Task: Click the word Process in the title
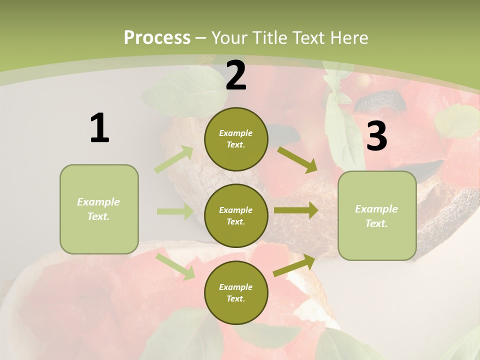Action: (157, 37)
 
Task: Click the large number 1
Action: (99, 128)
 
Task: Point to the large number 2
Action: (236, 75)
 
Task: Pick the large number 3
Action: (376, 136)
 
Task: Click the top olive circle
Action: (236, 139)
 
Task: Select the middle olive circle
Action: (236, 215)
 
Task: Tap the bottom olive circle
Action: (236, 292)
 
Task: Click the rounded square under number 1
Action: (99, 209)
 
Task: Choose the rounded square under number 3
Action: (377, 216)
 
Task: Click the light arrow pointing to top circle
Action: (174, 159)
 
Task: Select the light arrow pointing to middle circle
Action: (174, 211)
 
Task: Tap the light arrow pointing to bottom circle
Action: (175, 266)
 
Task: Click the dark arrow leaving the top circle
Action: (297, 159)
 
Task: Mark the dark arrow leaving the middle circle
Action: (295, 210)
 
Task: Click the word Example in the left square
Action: (98, 202)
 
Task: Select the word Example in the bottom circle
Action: (235, 287)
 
